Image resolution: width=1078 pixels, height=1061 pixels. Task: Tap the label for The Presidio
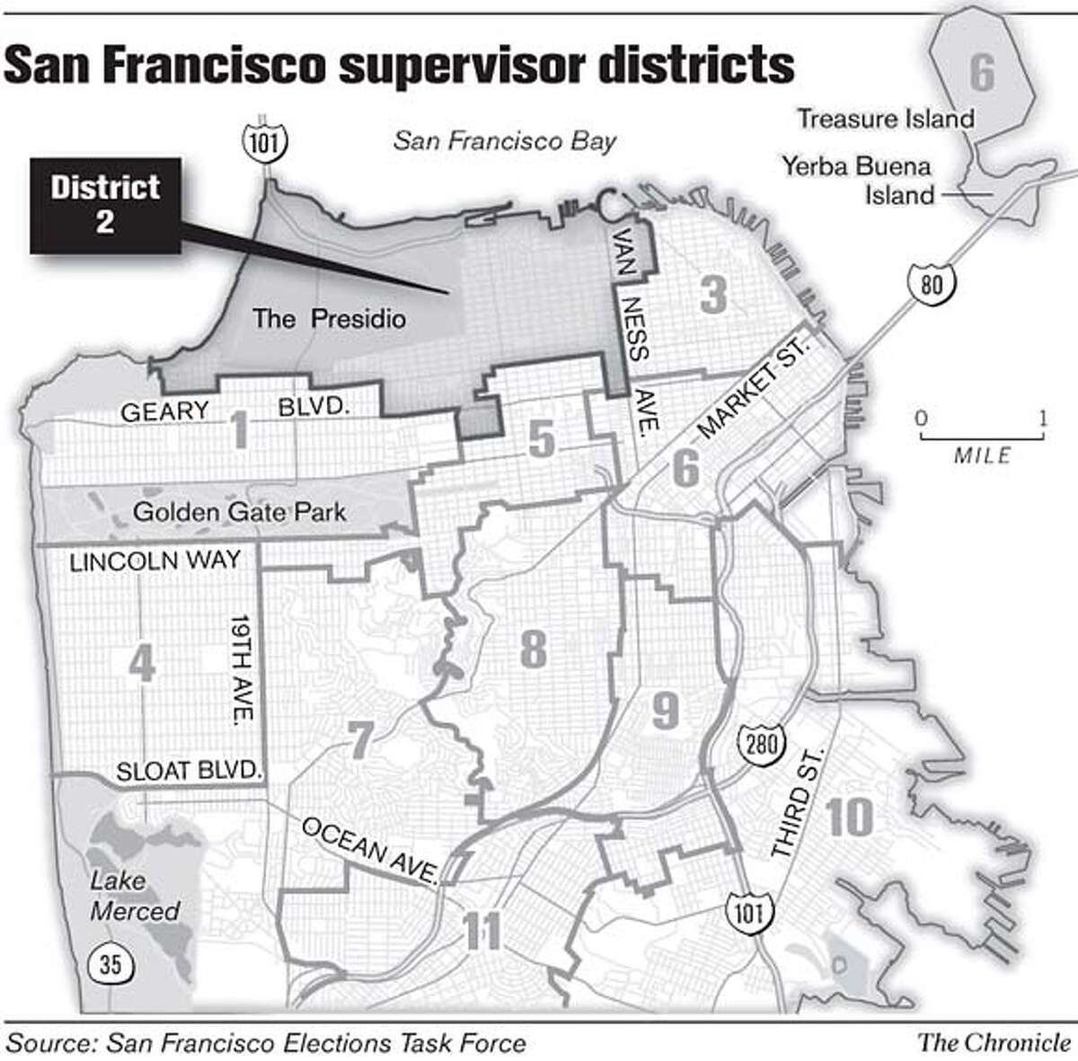click(x=329, y=318)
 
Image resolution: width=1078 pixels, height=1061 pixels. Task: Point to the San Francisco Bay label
click(x=506, y=141)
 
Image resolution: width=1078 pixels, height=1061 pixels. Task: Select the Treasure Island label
click(x=886, y=119)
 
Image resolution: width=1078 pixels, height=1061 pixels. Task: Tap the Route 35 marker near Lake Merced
click(x=110, y=965)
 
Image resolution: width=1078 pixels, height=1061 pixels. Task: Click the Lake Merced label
click(x=135, y=897)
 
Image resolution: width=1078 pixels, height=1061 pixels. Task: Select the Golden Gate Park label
click(x=239, y=512)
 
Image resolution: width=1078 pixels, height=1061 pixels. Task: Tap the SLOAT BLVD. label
click(x=189, y=772)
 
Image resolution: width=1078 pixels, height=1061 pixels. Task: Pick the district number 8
click(x=533, y=648)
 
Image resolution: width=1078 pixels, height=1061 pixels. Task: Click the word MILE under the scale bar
click(x=982, y=455)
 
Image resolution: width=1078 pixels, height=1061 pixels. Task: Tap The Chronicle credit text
click(x=994, y=1042)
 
